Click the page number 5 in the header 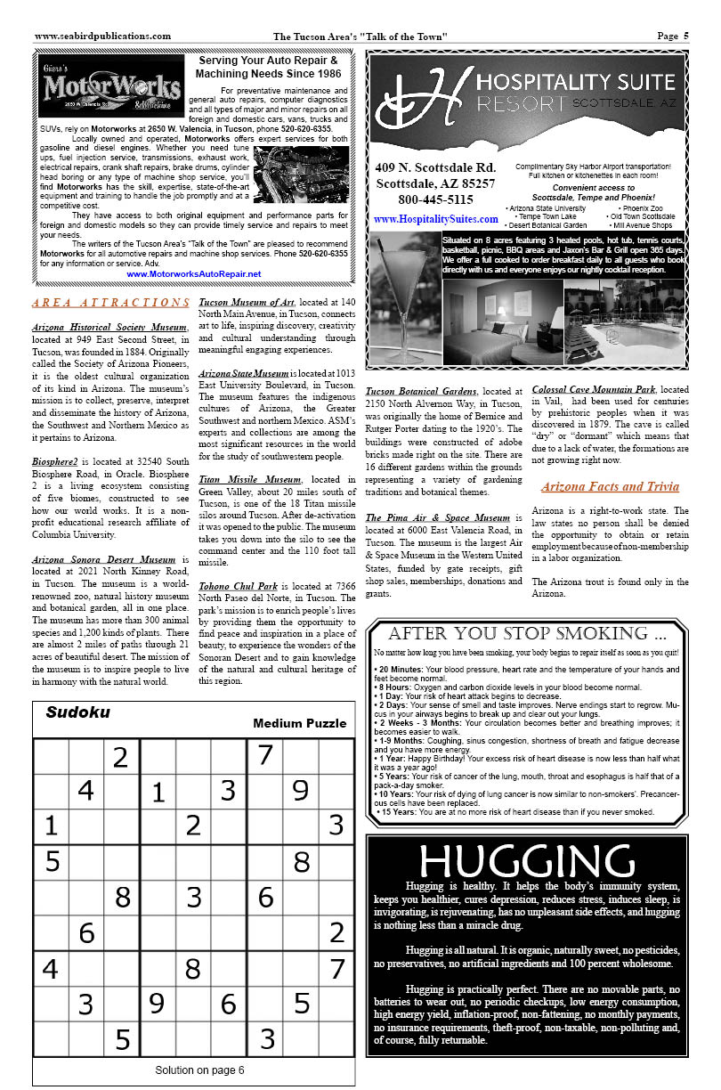coord(685,37)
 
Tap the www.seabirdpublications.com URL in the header coord(102,37)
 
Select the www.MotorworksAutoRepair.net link coord(194,274)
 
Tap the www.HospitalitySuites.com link coord(436,219)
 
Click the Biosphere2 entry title coord(61,463)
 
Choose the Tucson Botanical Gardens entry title coord(421,391)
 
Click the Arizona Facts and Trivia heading coord(610,486)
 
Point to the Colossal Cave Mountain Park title coord(594,389)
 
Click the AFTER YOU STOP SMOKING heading coord(527,634)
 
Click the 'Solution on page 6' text coord(199,1070)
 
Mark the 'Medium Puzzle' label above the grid coord(299,723)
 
